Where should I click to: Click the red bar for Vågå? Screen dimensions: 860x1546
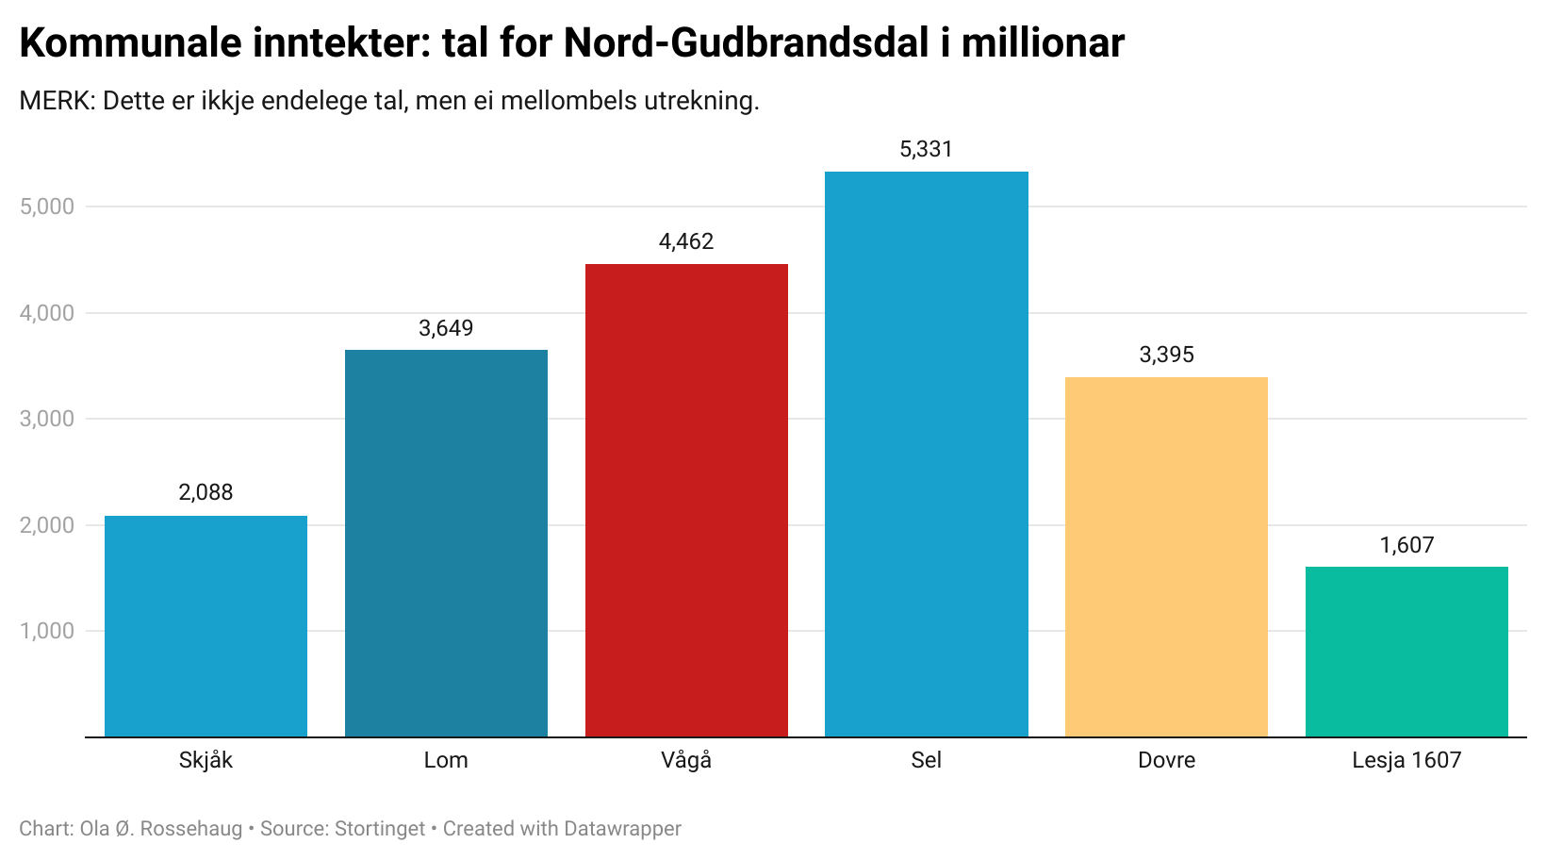click(686, 500)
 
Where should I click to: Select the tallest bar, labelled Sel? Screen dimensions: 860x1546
click(926, 454)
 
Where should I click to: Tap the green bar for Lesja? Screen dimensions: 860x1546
click(1406, 652)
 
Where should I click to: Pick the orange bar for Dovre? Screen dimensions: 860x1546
click(1166, 556)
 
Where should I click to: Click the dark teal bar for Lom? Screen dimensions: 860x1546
click(446, 543)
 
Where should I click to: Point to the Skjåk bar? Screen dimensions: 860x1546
click(206, 626)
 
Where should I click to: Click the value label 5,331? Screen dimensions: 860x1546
click(926, 149)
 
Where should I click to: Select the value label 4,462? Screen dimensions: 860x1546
click(686, 241)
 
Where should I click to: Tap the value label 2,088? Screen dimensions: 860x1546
click(206, 492)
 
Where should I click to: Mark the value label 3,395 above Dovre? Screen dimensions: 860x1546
click(1166, 355)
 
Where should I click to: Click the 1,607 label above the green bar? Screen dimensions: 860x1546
click(1406, 545)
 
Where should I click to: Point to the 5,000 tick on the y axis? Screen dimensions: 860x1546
click(47, 207)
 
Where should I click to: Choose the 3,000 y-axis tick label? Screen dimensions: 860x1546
click(47, 419)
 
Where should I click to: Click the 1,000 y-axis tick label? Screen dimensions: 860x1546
click(47, 631)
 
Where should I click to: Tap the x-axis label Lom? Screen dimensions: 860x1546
click(446, 760)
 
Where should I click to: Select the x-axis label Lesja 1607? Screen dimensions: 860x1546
click(1406, 760)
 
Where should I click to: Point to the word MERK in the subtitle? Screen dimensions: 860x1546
click(54, 101)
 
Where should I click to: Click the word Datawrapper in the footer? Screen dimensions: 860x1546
click(622, 829)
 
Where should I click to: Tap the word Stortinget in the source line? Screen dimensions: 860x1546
click(380, 829)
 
